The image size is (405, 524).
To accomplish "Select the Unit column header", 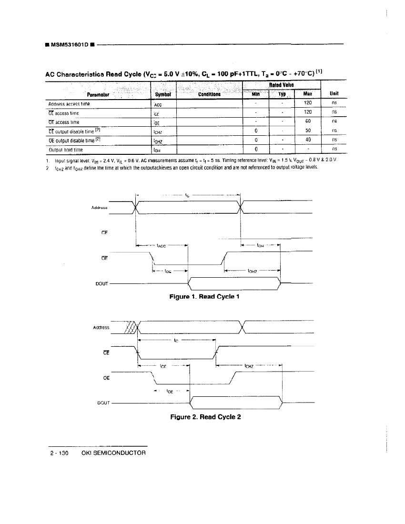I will (334, 93).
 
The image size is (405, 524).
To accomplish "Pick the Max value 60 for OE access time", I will (308, 121).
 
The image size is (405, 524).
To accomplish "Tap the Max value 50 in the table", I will (308, 130).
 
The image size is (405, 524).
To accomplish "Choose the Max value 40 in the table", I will (308, 140).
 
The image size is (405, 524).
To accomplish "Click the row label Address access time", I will (69, 103).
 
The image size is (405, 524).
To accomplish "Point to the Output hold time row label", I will (66, 149).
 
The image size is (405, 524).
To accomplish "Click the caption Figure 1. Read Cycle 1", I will (204, 296).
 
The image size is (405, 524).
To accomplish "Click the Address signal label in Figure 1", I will (98, 208).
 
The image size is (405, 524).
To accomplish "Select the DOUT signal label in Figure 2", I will (103, 403).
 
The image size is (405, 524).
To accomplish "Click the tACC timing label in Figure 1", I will (162, 246).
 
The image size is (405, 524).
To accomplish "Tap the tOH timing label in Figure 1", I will (261, 246).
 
